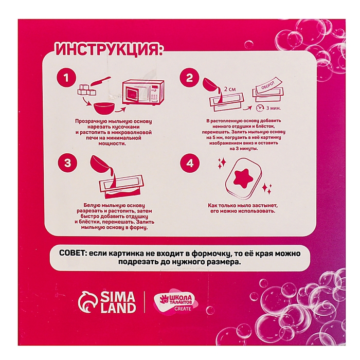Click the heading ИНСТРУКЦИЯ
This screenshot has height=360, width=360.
pyautogui.click(x=109, y=49)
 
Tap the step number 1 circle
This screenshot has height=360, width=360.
pyautogui.click(x=66, y=77)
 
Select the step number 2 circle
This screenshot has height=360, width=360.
pyautogui.click(x=189, y=77)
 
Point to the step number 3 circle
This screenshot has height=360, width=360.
pyautogui.click(x=68, y=163)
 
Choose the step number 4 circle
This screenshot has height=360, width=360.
pyautogui.click(x=190, y=163)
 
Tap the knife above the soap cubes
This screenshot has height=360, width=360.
pyautogui.click(x=101, y=81)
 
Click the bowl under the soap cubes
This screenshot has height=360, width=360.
pyautogui.click(x=103, y=109)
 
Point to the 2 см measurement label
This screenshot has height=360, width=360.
pyautogui.click(x=229, y=89)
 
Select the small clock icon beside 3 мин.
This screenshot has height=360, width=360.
pyautogui.click(x=260, y=107)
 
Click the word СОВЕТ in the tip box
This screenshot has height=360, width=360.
pyautogui.click(x=73, y=253)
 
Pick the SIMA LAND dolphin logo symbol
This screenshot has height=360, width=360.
pyautogui.click(x=88, y=302)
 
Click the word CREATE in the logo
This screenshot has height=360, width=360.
pyautogui.click(x=183, y=309)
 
